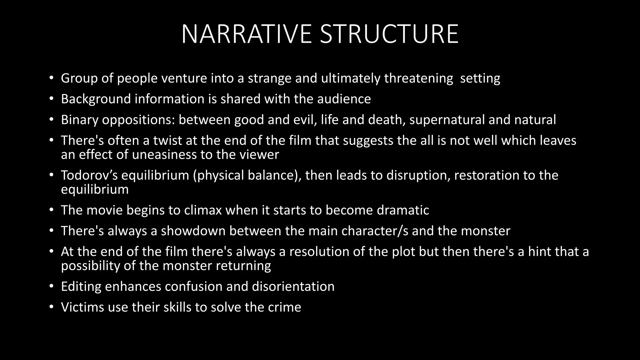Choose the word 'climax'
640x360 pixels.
pyautogui.click(x=203, y=210)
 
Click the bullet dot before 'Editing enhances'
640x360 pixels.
pyautogui.click(x=52, y=287)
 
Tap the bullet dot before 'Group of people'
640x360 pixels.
pyautogui.click(x=52, y=78)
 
